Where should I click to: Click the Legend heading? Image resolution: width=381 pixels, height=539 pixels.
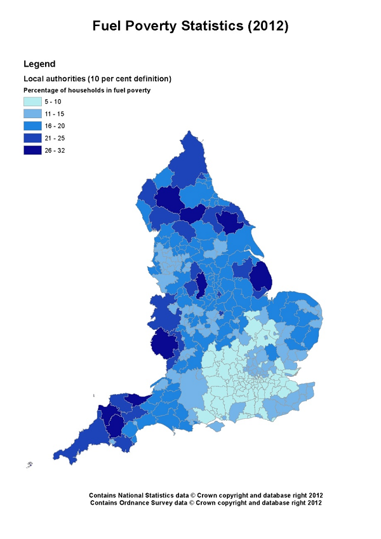pyautogui.click(x=39, y=64)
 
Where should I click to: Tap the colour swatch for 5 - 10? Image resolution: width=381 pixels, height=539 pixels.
pyautogui.click(x=32, y=102)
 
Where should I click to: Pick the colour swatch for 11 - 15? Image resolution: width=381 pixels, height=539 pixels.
pyautogui.click(x=32, y=114)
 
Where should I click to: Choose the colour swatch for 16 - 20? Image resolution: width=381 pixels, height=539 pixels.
pyautogui.click(x=32, y=126)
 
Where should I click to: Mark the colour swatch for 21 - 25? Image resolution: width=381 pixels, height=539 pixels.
pyautogui.click(x=32, y=138)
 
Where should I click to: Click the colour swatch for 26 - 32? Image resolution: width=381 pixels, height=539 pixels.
pyautogui.click(x=32, y=150)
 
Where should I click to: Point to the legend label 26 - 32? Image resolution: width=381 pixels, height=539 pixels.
pyautogui.click(x=55, y=151)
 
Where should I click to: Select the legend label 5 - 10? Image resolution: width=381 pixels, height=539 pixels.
pyautogui.click(x=53, y=102)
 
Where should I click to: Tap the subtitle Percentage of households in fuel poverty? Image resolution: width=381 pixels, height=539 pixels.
pyautogui.click(x=87, y=90)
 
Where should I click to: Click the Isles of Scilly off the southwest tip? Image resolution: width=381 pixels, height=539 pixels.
pyautogui.click(x=29, y=465)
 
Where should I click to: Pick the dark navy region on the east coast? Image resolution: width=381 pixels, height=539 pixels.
pyautogui.click(x=261, y=276)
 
